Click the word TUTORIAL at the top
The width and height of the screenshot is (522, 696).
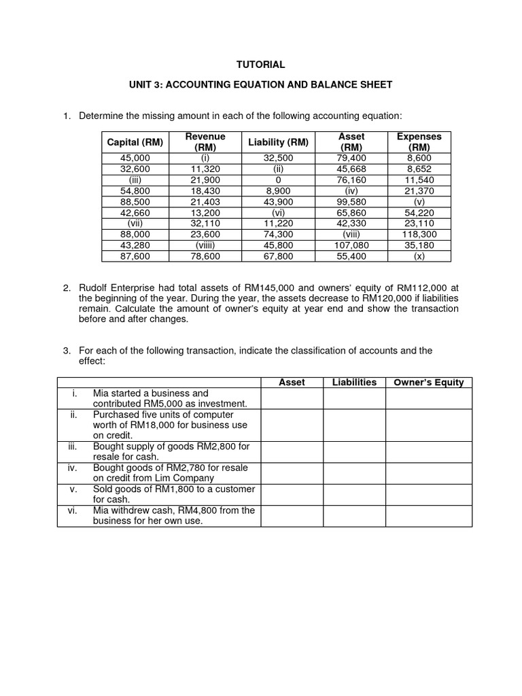pyautogui.click(x=260, y=65)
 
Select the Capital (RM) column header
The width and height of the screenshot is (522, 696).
pyautogui.click(x=135, y=142)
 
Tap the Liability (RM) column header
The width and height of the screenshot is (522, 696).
pyautogui.click(x=278, y=142)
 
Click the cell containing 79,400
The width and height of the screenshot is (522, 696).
pyautogui.click(x=351, y=158)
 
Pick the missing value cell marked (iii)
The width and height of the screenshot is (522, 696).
pyautogui.click(x=135, y=179)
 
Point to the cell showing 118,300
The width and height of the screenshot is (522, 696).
pyautogui.click(x=419, y=234)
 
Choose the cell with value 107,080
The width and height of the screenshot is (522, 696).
pyautogui.click(x=351, y=245)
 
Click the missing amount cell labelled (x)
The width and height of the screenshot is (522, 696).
pyautogui.click(x=419, y=256)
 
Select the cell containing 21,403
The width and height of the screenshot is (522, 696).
pyautogui.click(x=205, y=201)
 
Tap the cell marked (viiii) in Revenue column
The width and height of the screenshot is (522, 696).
pyautogui.click(x=205, y=245)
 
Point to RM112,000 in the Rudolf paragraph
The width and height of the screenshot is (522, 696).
pyautogui.click(x=420, y=288)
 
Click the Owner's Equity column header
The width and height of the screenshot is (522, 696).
pyautogui.click(x=428, y=383)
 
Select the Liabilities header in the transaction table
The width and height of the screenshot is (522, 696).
pyautogui.click(x=354, y=383)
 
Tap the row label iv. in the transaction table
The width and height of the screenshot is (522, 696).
pyautogui.click(x=73, y=468)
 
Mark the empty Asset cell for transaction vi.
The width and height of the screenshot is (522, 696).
pyautogui.click(x=292, y=516)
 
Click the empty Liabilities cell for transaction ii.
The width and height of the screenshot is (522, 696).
pyautogui.click(x=354, y=425)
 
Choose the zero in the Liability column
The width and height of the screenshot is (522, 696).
pyautogui.click(x=278, y=179)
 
